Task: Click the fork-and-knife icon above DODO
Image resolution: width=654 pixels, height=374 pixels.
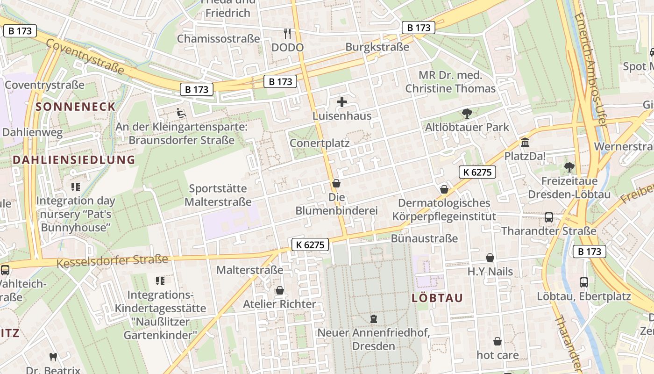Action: pos(287,33)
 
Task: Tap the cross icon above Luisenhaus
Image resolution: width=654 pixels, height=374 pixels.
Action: pos(342,101)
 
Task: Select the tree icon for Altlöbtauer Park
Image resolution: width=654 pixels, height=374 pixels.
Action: pos(466,113)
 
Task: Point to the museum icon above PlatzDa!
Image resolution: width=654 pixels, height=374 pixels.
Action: pos(525,142)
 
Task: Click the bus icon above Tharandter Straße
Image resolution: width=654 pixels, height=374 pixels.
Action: pos(549,217)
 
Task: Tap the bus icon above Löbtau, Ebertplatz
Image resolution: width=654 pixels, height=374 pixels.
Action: pos(584,282)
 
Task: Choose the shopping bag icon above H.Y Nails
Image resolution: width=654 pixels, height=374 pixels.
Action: pos(490,258)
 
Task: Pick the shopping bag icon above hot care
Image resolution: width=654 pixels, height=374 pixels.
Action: pos(498,341)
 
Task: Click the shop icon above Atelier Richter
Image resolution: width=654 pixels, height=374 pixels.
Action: pos(280,290)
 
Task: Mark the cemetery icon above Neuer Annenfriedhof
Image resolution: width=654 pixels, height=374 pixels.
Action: pos(373,319)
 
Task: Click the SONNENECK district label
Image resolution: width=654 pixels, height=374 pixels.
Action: pos(76,107)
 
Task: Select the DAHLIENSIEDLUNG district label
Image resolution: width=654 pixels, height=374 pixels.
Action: pos(74,160)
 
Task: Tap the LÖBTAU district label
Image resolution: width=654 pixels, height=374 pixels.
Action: pos(437,298)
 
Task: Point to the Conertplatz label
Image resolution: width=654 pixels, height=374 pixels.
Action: pos(320,143)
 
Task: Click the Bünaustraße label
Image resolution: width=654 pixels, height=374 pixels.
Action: pos(424,238)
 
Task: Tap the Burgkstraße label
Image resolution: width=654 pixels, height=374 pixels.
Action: pos(377,47)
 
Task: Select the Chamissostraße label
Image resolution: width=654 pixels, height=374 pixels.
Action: pos(218,38)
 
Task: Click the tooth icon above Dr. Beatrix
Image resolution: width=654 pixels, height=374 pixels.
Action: pos(53,357)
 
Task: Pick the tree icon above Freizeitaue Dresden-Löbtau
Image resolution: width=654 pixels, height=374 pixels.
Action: pos(569,167)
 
